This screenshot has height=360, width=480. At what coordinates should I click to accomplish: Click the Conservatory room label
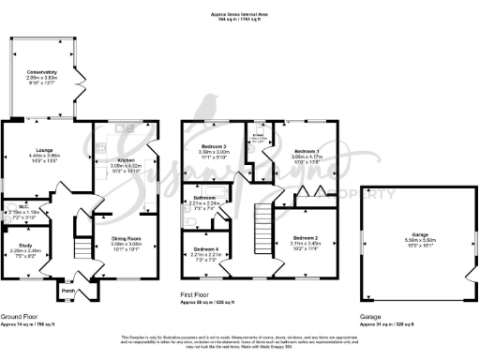[x=42, y=72]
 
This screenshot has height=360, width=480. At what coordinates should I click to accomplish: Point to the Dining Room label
[x=114, y=239]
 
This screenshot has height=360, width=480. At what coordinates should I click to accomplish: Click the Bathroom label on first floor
[x=204, y=198]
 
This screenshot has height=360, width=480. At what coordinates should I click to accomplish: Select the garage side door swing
[x=469, y=277]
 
